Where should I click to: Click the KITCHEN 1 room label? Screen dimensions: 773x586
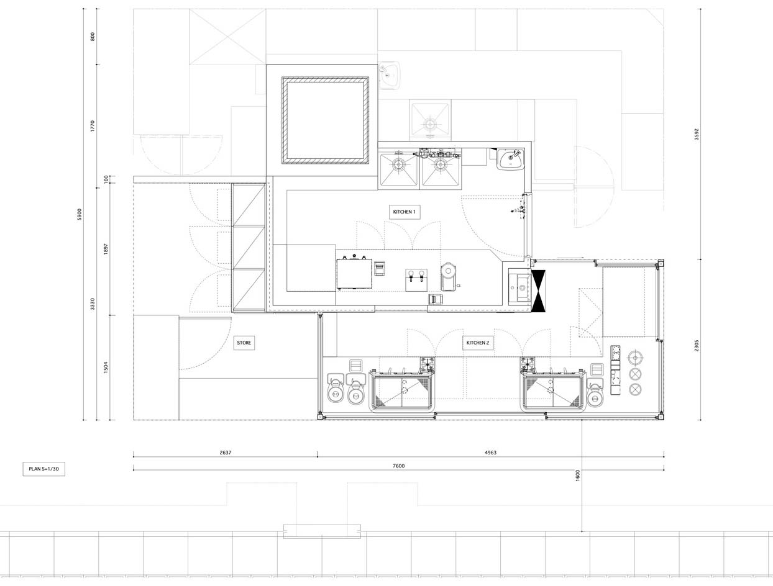tap(405, 212)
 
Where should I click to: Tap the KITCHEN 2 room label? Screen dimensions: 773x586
tap(478, 343)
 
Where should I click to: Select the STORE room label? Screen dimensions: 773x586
tap(244, 343)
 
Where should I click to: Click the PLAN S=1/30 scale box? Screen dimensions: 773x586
tap(44, 469)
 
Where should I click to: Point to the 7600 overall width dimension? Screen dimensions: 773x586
tap(399, 466)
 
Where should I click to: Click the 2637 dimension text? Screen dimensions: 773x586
tap(226, 453)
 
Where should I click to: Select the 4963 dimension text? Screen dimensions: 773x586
tap(490, 453)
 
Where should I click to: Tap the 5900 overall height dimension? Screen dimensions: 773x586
tap(80, 214)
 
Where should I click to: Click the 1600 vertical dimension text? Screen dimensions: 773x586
tap(577, 476)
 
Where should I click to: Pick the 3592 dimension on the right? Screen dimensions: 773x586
tap(696, 134)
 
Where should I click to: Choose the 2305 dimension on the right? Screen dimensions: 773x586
tap(696, 346)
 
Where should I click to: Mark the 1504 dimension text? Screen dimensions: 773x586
tap(106, 367)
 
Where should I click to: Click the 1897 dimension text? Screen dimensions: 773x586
tap(106, 249)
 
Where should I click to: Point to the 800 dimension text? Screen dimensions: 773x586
tap(93, 37)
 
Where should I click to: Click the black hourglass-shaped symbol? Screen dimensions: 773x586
tap(538, 291)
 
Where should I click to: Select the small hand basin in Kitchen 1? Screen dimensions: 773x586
tap(511, 159)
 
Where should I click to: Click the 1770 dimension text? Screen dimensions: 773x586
tap(93, 126)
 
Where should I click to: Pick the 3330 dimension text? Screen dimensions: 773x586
tap(93, 304)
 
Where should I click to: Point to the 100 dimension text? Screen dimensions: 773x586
tap(106, 179)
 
